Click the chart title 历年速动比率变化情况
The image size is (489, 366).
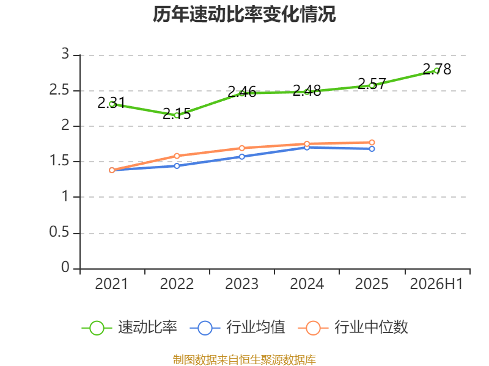click(244, 14)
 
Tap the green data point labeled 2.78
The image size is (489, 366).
click(436, 71)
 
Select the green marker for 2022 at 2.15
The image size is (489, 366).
click(177, 115)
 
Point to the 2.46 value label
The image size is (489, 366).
click(241, 92)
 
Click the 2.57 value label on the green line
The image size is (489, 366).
click(372, 84)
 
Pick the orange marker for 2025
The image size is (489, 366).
click(372, 143)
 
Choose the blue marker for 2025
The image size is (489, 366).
click(372, 149)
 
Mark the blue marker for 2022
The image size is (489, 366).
click(177, 166)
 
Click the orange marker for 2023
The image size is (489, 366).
click(241, 148)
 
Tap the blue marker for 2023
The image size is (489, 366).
click(241, 157)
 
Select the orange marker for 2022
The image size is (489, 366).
click(177, 156)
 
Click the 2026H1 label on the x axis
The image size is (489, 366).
click(436, 284)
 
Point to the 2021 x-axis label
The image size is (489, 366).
click(111, 284)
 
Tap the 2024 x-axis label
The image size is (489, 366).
click(307, 284)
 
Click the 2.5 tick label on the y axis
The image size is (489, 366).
click(59, 90)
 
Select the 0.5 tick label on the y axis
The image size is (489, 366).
click(59, 232)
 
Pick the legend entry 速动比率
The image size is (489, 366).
click(130, 328)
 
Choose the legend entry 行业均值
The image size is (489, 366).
click(237, 328)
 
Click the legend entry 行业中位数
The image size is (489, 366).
click(353, 328)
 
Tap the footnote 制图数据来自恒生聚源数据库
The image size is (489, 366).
click(244, 360)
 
